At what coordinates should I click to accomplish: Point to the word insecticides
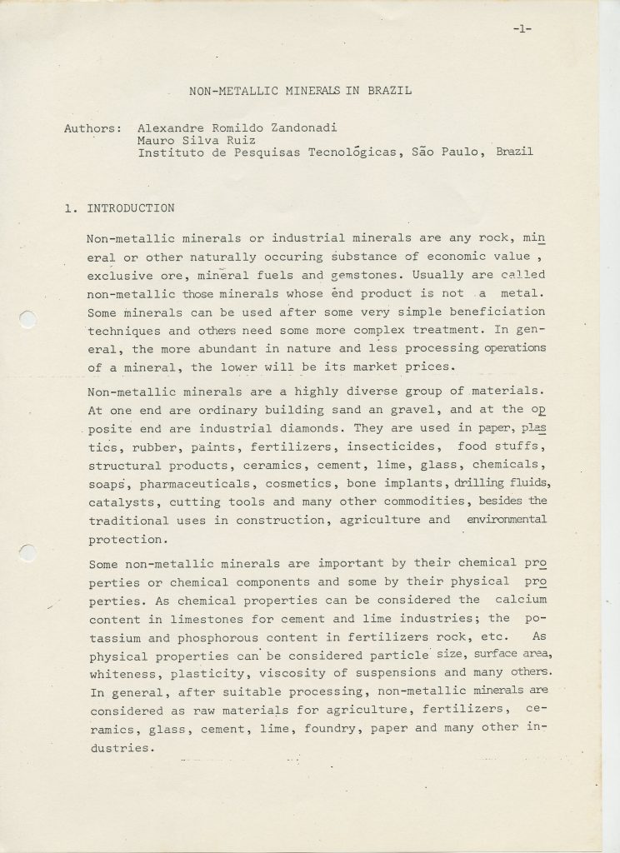394,446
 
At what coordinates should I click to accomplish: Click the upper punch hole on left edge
26,317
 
